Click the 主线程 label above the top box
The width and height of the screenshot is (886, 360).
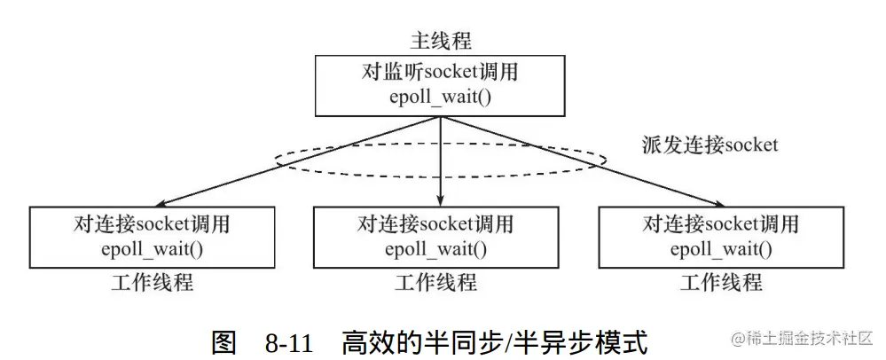[x=441, y=42]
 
